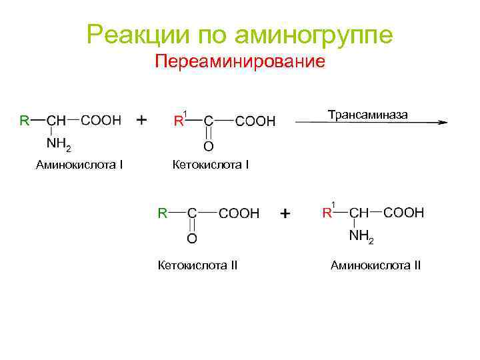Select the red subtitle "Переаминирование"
pyautogui.click(x=239, y=62)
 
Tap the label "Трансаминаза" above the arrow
pyautogui.click(x=367, y=115)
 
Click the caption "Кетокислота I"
pyautogui.click(x=211, y=163)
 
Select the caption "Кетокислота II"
pyautogui.click(x=197, y=265)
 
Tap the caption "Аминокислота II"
pyautogui.click(x=375, y=265)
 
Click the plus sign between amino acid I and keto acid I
pyautogui.click(x=142, y=120)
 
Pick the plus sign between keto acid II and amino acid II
pyautogui.click(x=285, y=214)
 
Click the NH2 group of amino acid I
pyautogui.click(x=58, y=144)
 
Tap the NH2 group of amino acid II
pyautogui.click(x=362, y=237)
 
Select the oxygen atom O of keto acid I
pyautogui.click(x=208, y=146)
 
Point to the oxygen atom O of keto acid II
pyautogui.click(x=192, y=237)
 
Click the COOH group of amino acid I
pyautogui.click(x=101, y=121)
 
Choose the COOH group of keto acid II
pyautogui.click(x=239, y=214)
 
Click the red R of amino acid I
pyautogui.click(x=24, y=121)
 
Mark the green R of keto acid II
pyautogui.click(x=162, y=213)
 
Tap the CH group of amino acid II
pyautogui.click(x=359, y=213)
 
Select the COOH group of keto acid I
pyautogui.click(x=255, y=121)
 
